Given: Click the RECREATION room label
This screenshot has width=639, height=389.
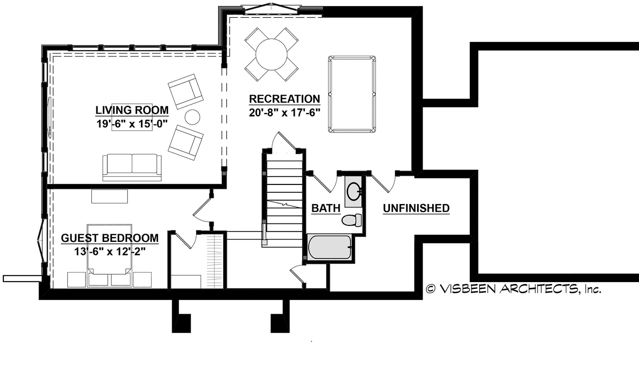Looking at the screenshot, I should click(284, 99).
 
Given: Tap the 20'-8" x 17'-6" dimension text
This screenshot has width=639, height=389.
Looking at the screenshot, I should click(284, 113).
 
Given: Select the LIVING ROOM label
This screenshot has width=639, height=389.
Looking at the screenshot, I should click(132, 110).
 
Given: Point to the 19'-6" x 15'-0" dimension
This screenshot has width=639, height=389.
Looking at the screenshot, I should click(132, 124).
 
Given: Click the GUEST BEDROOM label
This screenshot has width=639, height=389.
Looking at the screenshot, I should click(110, 238).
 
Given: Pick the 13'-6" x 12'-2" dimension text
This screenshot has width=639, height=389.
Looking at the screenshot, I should click(110, 252).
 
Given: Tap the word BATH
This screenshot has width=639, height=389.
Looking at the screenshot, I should click(326, 208).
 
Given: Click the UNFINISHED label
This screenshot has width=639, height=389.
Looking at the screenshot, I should click(416, 208).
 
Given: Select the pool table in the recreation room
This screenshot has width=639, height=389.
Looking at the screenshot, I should click(352, 94).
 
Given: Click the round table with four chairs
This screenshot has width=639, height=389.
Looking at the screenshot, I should click(271, 54).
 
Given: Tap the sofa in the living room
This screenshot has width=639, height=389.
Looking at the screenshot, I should click(132, 167).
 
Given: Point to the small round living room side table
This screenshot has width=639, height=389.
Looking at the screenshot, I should click(192, 117).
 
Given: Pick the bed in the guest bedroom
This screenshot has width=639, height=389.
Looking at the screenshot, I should click(109, 254).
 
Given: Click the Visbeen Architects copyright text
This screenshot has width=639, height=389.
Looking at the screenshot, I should click(513, 289).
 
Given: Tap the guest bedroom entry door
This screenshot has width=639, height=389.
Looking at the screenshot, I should click(202, 210).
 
